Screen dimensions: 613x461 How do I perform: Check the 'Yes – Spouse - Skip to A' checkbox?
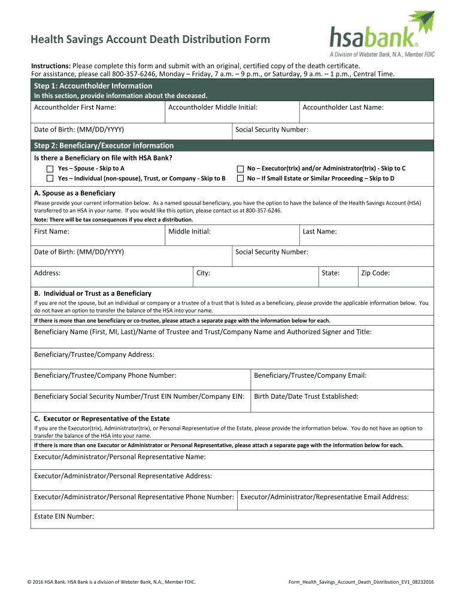point(50,169)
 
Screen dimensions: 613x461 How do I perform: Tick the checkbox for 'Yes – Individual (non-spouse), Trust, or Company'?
point(50,178)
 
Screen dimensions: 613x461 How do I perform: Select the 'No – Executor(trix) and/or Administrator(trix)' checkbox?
point(240,169)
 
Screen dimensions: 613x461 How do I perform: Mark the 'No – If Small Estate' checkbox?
point(240,178)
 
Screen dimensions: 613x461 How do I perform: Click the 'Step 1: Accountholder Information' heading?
point(93,86)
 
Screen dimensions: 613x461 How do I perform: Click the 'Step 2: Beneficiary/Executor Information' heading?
point(104,145)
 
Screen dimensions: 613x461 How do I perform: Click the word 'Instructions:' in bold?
point(51,65)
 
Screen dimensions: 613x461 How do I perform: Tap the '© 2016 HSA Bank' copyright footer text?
point(114,582)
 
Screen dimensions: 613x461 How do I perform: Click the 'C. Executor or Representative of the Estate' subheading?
point(102,418)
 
